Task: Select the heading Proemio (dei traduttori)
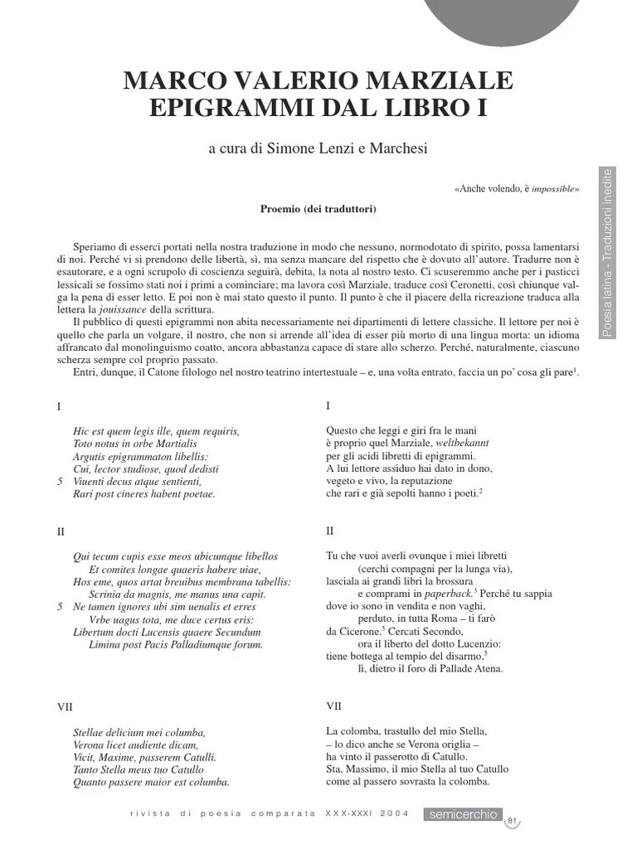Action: tap(318, 209)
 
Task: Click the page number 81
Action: tap(513, 821)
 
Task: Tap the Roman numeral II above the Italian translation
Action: tap(330, 530)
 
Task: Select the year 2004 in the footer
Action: tap(395, 815)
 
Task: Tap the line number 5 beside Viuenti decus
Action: tap(60, 481)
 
